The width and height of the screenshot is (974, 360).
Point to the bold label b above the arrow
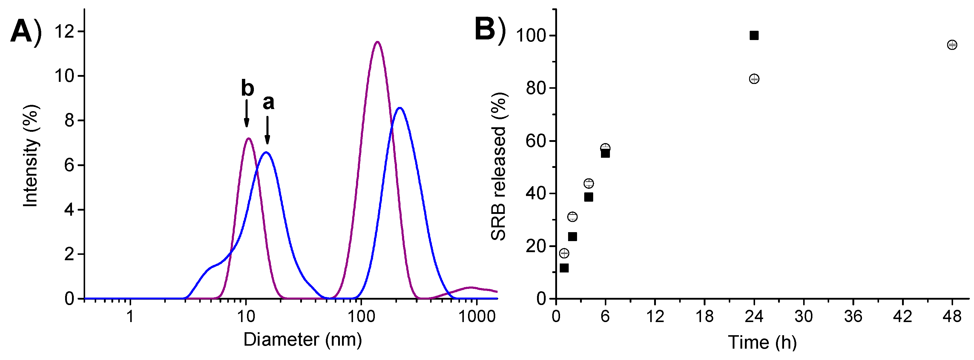click(247, 88)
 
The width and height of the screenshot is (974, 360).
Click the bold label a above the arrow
click(268, 102)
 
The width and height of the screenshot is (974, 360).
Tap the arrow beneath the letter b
click(246, 114)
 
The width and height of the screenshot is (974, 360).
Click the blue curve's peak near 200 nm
click(400, 108)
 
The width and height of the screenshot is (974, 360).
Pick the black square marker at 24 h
click(754, 36)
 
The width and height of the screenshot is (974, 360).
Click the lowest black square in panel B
click(564, 268)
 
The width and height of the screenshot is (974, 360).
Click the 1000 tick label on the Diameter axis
click(477, 316)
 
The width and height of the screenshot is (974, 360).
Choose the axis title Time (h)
click(762, 342)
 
